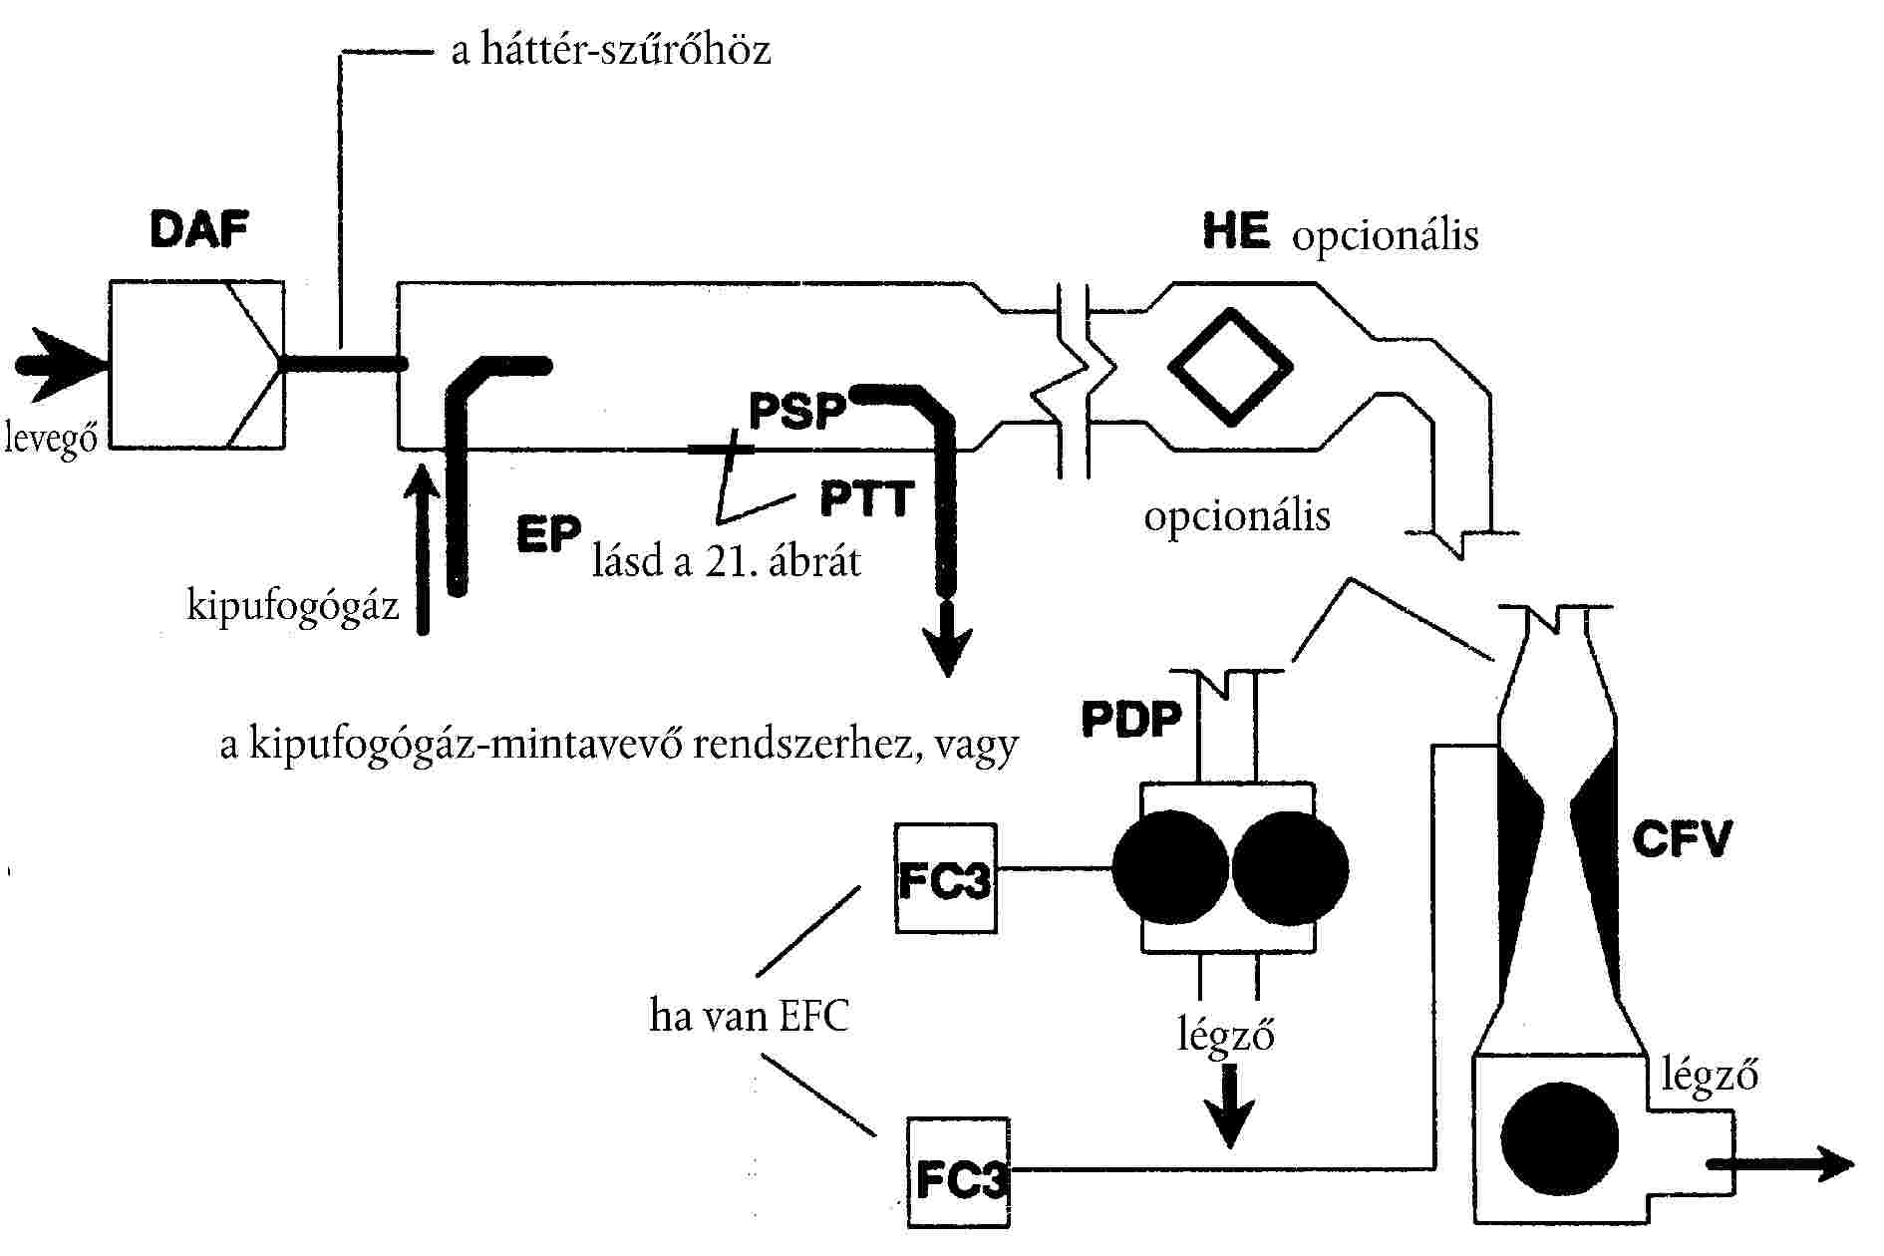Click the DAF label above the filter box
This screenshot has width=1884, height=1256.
198,230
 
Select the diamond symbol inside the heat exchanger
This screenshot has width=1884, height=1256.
1230,366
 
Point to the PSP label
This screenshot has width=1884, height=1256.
797,410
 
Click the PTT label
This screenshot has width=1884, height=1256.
866,497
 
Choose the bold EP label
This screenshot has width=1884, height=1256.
547,535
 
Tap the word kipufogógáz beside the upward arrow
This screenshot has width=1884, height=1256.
292,605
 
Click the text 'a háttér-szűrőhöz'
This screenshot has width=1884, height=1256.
611,50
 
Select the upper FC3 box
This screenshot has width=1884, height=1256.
945,878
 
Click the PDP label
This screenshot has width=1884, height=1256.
1131,719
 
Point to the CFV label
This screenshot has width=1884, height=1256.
1682,839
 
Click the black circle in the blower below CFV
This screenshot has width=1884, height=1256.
1559,1138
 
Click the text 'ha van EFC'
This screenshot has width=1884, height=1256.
749,1017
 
